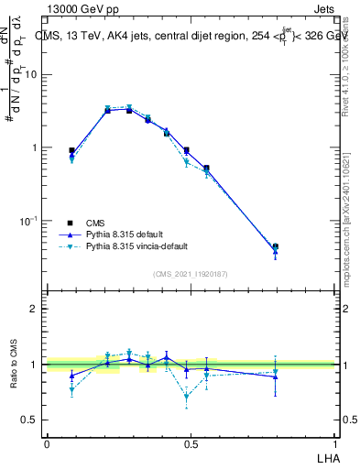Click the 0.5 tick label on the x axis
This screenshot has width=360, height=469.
click(191, 443)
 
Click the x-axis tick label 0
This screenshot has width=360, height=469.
click(47, 443)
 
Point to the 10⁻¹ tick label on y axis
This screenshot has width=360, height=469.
click(30, 221)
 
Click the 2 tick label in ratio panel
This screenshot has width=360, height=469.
click(36, 309)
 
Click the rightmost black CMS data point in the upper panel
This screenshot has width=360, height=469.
click(275, 246)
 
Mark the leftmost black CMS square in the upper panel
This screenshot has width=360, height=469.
click(71, 150)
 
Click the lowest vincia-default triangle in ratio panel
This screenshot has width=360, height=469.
click(187, 398)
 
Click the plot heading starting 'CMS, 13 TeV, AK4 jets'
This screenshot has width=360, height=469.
click(183, 37)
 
